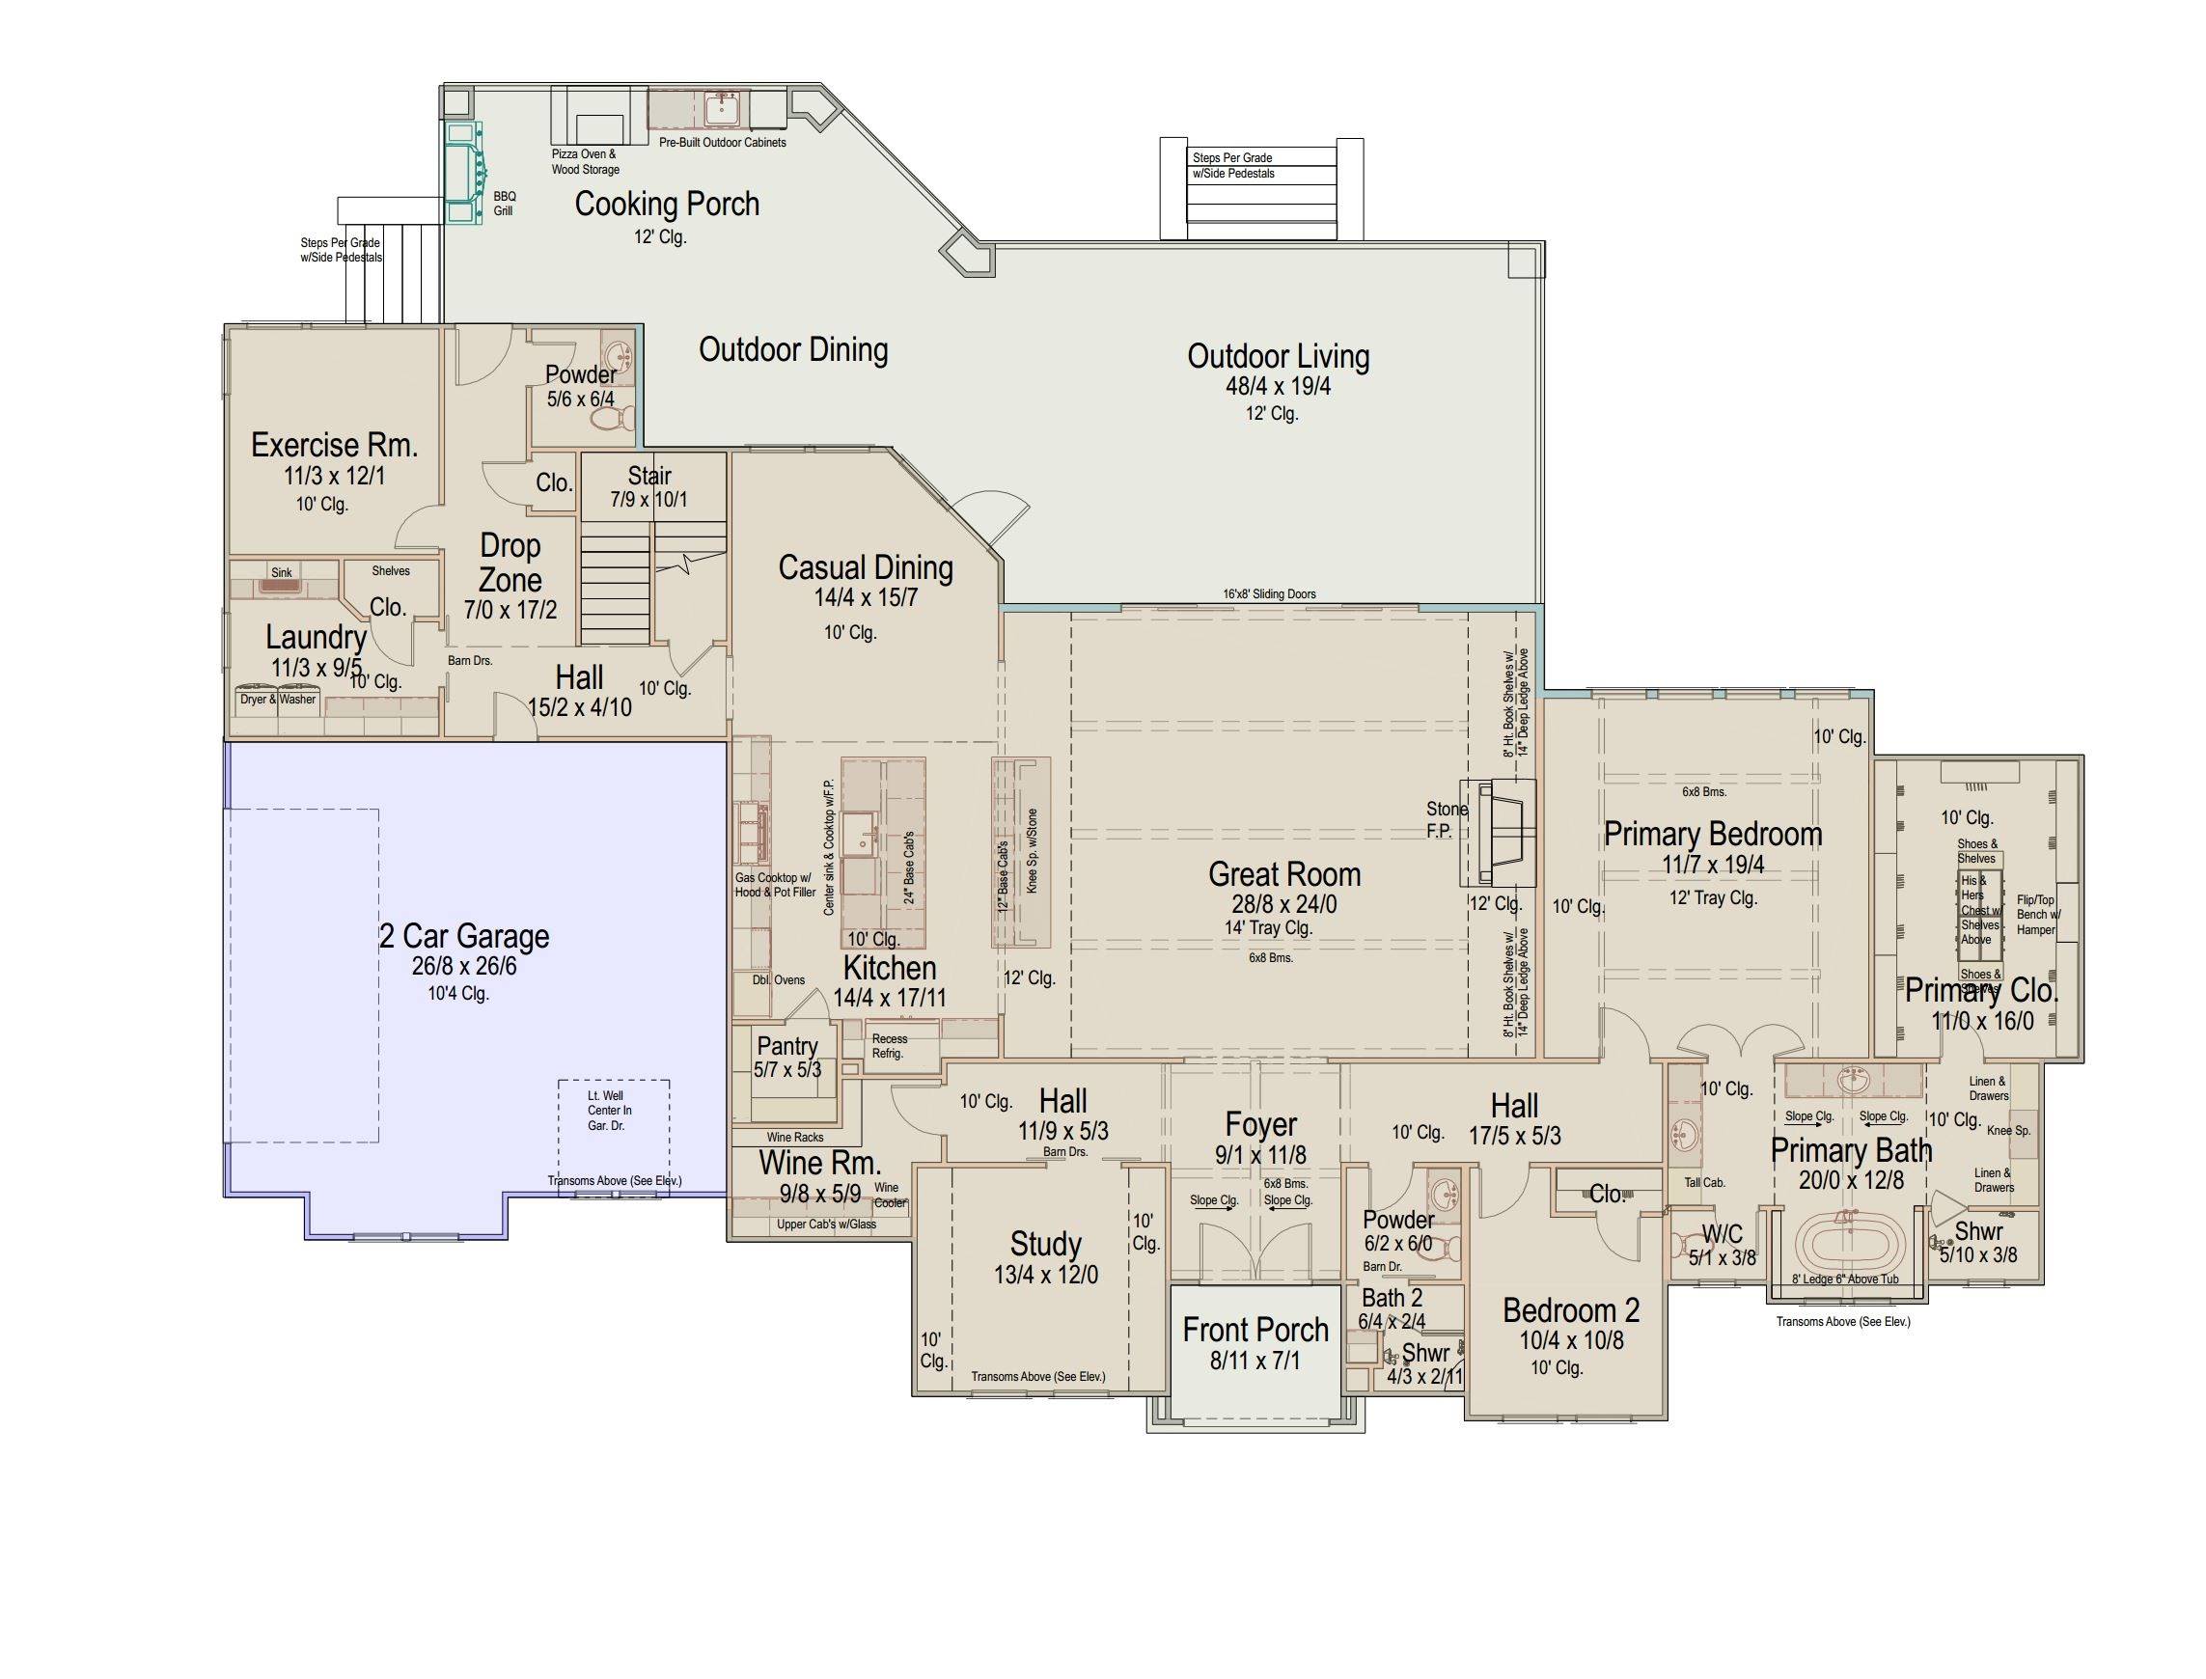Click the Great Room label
click(1283, 874)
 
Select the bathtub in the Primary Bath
click(1845, 1242)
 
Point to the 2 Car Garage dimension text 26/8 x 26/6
click(464, 967)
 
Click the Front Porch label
click(1255, 1331)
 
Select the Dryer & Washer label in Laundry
click(278, 700)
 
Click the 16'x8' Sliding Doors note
click(1269, 593)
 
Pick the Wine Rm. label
click(819, 1164)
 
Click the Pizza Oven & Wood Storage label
click(585, 162)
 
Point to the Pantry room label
click(787, 1046)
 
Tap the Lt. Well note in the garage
click(609, 1111)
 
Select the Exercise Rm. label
click(334, 445)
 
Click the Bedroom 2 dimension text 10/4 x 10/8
click(1571, 1341)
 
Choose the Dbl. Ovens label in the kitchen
click(779, 980)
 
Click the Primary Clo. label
click(1981, 990)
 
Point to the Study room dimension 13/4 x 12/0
click(1045, 1276)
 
